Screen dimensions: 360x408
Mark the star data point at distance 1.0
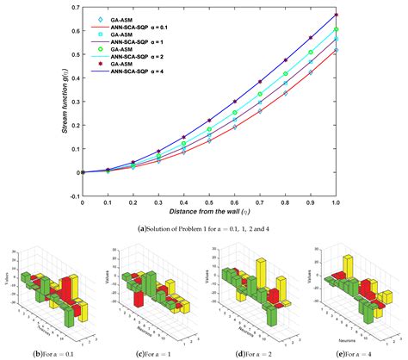click(x=337, y=15)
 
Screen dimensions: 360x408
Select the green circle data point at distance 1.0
click(x=337, y=30)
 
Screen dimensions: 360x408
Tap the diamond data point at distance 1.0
click(x=337, y=51)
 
